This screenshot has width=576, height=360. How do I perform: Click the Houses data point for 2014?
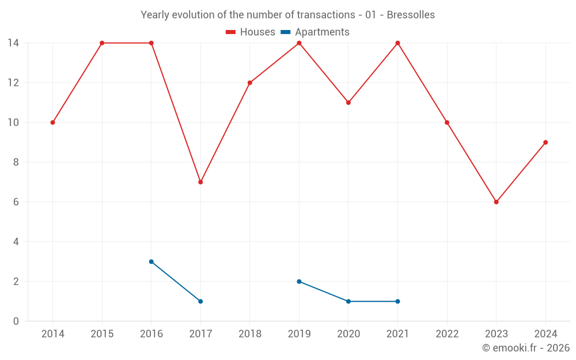tap(52, 122)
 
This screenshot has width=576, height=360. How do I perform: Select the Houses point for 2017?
tap(200, 182)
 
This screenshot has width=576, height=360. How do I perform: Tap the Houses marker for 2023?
tap(496, 202)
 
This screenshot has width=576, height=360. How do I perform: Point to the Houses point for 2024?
tap(545, 142)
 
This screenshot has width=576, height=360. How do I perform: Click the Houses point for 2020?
tap(348, 103)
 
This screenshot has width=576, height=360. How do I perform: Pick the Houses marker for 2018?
tap(250, 82)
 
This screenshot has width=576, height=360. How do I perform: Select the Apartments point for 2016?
tap(151, 262)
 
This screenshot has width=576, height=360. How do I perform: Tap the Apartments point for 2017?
tap(200, 301)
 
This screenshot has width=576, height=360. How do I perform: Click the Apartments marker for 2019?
tap(299, 282)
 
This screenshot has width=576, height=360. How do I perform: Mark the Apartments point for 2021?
tap(397, 301)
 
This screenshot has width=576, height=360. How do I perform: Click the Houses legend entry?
tap(251, 32)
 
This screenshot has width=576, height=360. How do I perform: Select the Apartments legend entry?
tap(315, 32)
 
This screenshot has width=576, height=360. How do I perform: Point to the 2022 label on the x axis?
tap(447, 334)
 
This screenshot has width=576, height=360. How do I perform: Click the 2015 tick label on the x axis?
tap(102, 334)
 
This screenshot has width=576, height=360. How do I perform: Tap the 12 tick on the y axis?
tap(13, 82)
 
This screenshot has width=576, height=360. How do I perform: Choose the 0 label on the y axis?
tap(16, 321)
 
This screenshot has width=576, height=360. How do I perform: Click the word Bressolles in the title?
tap(411, 14)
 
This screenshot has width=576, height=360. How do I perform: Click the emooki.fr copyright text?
tap(526, 348)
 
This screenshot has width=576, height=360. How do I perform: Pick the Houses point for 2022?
tap(447, 122)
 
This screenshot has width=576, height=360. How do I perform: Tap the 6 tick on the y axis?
tap(16, 202)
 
